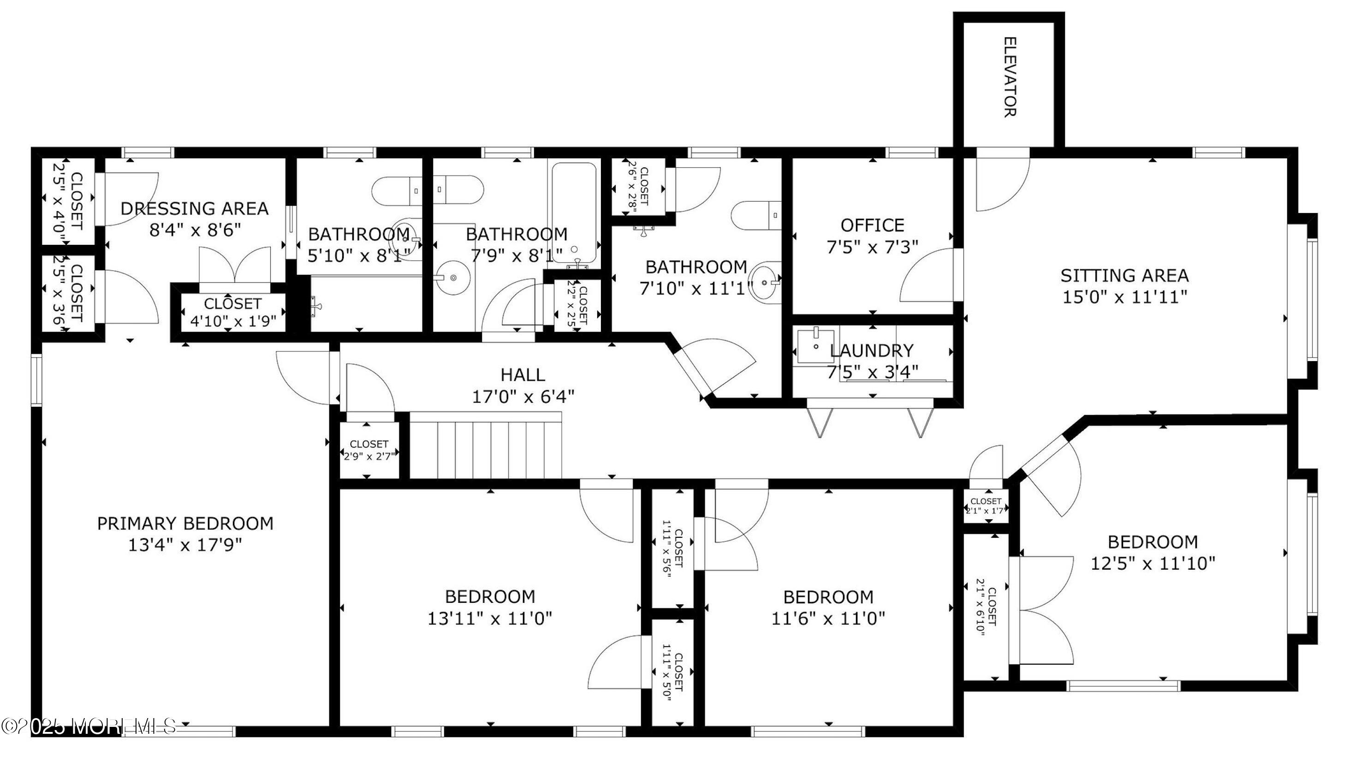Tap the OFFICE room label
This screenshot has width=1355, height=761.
[872, 225]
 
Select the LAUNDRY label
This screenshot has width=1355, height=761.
[872, 350]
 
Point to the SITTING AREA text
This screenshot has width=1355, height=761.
[1124, 276]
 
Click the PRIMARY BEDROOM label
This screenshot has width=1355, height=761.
[185, 523]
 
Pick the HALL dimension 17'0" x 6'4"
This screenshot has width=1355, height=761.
[523, 396]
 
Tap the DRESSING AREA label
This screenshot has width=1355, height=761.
[195, 208]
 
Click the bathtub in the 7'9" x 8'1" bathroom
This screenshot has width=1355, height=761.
[573, 210]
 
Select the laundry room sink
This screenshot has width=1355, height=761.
[815, 346]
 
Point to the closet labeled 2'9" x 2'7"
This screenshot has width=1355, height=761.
[369, 450]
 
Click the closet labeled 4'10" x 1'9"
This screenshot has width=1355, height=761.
[232, 312]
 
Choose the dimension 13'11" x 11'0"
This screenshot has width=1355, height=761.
[490, 618]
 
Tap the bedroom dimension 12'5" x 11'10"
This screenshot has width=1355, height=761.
[1153, 564]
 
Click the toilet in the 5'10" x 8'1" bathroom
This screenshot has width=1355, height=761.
[397, 191]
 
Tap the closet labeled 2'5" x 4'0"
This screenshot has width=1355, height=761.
[68, 201]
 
